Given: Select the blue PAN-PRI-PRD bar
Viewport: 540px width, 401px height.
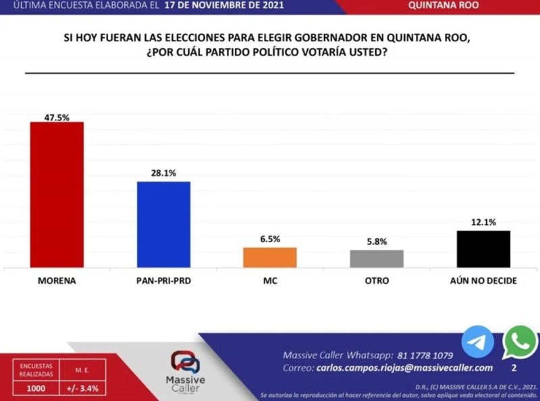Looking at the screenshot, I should [x=163, y=225].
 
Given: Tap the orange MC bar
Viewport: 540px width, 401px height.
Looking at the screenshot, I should [x=270, y=258].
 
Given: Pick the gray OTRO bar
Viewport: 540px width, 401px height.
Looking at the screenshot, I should [x=377, y=259].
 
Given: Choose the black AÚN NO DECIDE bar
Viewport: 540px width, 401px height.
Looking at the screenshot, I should [x=483, y=250].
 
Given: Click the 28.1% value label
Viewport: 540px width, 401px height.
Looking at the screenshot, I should [x=163, y=173].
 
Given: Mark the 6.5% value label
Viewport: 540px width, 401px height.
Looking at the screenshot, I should [x=270, y=239].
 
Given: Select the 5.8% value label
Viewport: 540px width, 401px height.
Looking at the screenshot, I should [x=377, y=241].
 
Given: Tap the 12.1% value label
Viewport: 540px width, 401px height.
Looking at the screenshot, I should [x=483, y=222].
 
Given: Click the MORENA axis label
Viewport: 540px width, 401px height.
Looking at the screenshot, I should [x=57, y=281].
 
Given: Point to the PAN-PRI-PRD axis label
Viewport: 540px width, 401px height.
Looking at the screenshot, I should [x=163, y=281].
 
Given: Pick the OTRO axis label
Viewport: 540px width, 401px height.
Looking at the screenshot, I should [x=377, y=281].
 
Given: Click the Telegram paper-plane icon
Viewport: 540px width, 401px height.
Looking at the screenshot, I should [x=478, y=342].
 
